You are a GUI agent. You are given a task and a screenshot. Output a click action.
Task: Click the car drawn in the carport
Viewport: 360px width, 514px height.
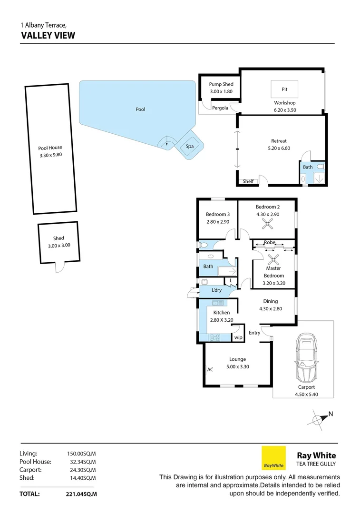pyautogui.click(x=306, y=358)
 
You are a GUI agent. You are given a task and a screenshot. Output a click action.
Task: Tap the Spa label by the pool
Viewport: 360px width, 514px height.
pyautogui.click(x=190, y=146)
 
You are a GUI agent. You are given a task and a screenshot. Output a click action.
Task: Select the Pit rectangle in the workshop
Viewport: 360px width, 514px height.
pyautogui.click(x=284, y=89)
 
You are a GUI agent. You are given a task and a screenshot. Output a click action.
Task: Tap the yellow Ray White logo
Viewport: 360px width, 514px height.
pyautogui.click(x=273, y=458)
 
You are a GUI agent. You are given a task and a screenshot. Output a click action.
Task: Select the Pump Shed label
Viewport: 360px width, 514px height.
pyautogui.click(x=221, y=84)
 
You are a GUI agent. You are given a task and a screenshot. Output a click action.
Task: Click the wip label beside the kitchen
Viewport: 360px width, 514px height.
pyautogui.click(x=238, y=337)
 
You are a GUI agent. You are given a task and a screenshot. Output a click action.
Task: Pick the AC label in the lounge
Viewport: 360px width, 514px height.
pyautogui.click(x=210, y=369)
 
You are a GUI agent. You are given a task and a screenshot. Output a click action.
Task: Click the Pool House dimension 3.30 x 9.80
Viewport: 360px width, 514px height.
pyautogui.click(x=50, y=155)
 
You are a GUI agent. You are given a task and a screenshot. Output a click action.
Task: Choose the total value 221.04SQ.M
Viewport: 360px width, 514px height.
pyautogui.click(x=81, y=494)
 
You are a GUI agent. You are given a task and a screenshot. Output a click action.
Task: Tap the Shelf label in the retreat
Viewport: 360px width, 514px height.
pyautogui.click(x=248, y=181)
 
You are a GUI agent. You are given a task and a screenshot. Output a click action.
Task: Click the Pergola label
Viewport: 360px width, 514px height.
pyautogui.click(x=220, y=108)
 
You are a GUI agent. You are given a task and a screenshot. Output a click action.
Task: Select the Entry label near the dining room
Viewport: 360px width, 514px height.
pyautogui.click(x=254, y=333)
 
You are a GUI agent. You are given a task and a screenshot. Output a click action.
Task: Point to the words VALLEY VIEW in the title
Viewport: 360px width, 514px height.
pyautogui.click(x=48, y=35)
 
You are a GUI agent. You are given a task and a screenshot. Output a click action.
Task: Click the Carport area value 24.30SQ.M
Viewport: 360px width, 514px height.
pyautogui.click(x=81, y=470)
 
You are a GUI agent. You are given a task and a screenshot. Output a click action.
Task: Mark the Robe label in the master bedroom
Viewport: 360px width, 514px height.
pyautogui.click(x=270, y=242)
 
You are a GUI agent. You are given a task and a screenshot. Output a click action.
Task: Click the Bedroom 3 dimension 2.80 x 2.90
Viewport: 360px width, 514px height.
pyautogui.click(x=218, y=222)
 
